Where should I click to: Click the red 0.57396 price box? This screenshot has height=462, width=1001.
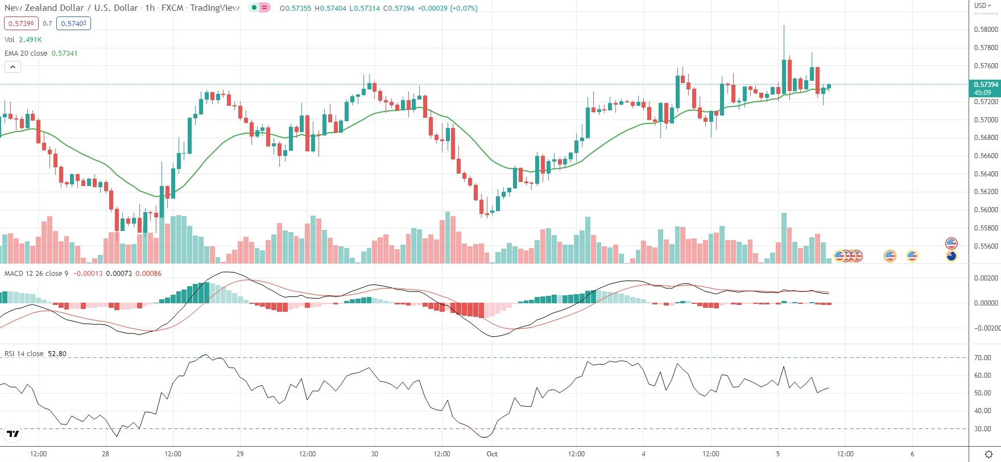coord(21,23)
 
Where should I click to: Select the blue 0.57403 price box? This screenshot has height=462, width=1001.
coord(73,23)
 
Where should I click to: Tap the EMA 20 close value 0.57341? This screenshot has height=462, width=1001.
coord(64,53)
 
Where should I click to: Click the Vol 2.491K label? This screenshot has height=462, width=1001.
coord(23,39)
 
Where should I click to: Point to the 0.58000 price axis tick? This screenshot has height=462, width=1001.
coord(986,30)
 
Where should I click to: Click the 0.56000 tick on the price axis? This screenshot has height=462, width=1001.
coord(986,210)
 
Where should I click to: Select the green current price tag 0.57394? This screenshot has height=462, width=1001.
coord(985,88)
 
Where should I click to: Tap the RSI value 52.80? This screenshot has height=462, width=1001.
coord(57,353)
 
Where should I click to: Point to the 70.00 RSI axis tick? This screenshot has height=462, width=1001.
coord(983,358)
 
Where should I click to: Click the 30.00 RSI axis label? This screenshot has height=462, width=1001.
coord(983,429)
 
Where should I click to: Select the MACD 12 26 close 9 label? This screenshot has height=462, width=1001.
coord(36,273)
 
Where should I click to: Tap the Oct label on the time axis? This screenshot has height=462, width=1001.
coord(492,454)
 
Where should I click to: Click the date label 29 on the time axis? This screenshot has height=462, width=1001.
coord(240,454)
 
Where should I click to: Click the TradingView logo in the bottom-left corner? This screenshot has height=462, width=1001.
coord(13,434)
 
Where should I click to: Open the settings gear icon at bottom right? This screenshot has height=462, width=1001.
coord(988,454)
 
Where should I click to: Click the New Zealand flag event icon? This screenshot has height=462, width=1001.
coord(952,256)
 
